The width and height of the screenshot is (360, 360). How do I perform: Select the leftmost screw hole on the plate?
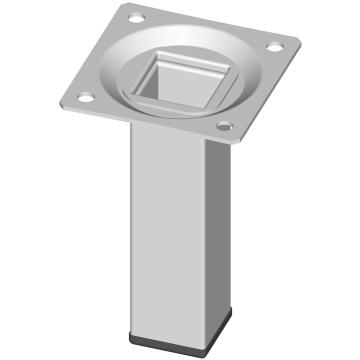85,96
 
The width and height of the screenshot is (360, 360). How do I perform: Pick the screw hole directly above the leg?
224,126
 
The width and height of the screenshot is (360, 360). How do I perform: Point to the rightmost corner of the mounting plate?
299,40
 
